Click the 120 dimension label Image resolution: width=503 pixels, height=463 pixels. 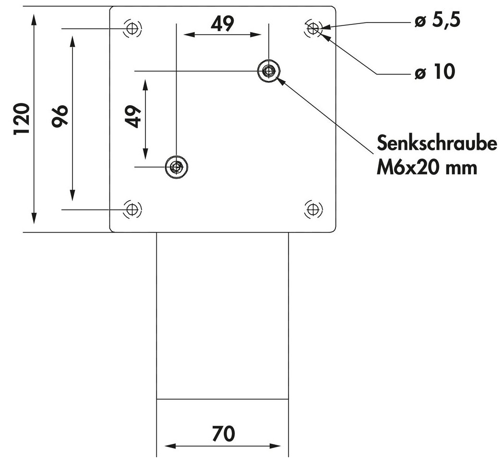click(x=22, y=119)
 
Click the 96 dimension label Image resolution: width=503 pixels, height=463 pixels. click(x=60, y=116)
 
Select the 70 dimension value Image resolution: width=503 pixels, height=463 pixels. click(x=223, y=433)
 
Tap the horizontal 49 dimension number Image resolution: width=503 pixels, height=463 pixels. click(x=222, y=24)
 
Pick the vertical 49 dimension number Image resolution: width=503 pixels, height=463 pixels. click(x=133, y=116)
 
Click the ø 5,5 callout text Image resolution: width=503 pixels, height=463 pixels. click(x=438, y=21)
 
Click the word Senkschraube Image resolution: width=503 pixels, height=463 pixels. click(x=437, y=143)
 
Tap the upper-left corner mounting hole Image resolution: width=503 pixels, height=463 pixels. click(x=132, y=28)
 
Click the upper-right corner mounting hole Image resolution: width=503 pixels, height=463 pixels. click(x=313, y=28)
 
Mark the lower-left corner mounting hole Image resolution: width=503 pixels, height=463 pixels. click(x=132, y=209)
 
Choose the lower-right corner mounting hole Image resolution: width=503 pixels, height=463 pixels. click(x=313, y=209)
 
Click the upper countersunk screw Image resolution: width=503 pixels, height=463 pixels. click(x=269, y=71)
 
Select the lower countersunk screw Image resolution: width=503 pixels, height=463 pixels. click(x=176, y=167)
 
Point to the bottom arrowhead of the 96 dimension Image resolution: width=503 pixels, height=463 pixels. click(x=72, y=195)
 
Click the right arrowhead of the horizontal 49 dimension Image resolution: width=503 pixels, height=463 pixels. click(x=255, y=35)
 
